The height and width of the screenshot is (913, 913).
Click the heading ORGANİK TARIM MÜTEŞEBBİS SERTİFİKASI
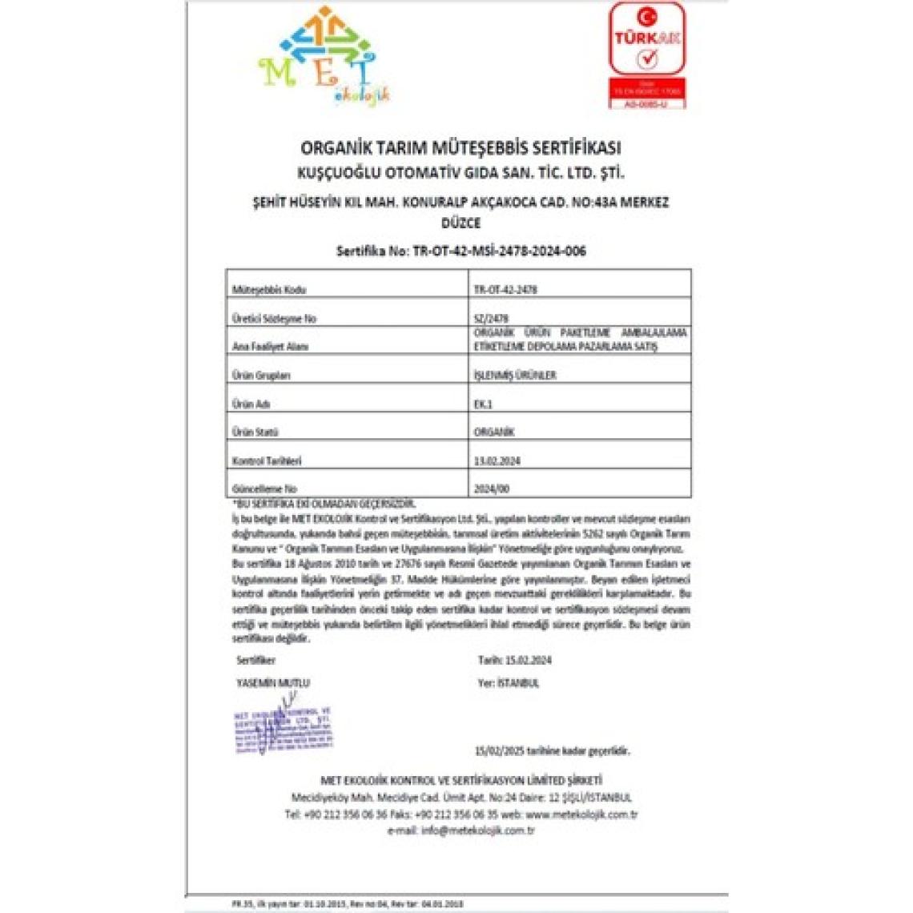(460, 148)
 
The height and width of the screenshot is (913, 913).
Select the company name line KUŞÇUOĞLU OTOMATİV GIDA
(460, 173)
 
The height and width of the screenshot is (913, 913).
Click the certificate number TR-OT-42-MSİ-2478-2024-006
(500, 251)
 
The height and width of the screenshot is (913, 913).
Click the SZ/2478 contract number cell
(491, 318)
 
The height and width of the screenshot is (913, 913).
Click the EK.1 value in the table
(483, 404)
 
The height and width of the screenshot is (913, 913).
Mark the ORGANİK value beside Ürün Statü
(494, 432)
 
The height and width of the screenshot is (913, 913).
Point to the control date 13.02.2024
(497, 461)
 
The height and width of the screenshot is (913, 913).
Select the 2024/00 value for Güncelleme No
(491, 489)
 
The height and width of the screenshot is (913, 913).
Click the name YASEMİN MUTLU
(273, 683)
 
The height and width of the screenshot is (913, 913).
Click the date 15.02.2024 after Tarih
(529, 661)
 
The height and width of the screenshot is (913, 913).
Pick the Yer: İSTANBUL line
(509, 683)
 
